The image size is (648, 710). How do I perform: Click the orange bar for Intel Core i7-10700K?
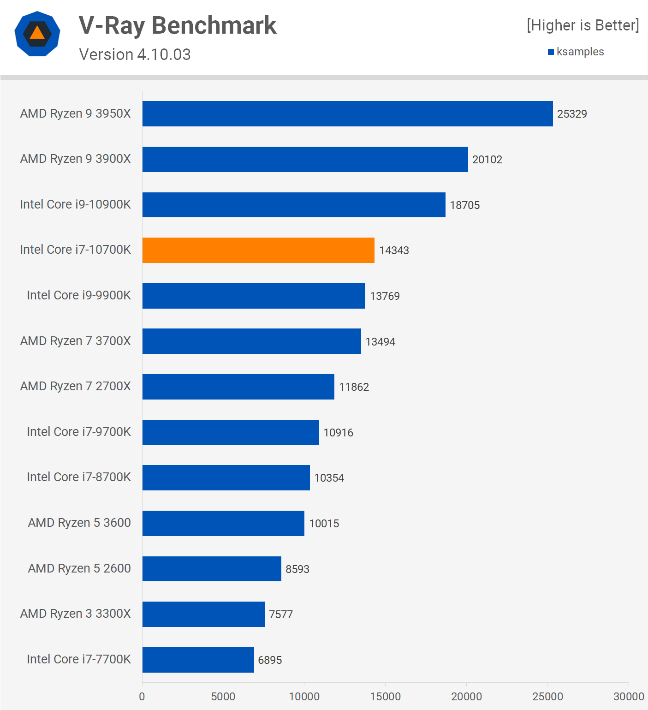pyautogui.click(x=258, y=251)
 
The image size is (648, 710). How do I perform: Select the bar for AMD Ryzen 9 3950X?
pyautogui.click(x=347, y=114)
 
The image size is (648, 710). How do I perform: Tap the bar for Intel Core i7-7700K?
pyautogui.click(x=198, y=660)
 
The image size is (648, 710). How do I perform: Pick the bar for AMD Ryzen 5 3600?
pyautogui.click(x=223, y=523)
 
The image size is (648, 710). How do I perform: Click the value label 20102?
pyautogui.click(x=487, y=160)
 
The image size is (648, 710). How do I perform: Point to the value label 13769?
pyautogui.click(x=385, y=296)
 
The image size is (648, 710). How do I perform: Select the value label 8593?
pyautogui.click(x=297, y=569)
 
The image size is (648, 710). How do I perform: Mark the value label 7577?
pyautogui.click(x=280, y=615)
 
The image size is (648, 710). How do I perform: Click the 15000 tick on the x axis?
pyautogui.click(x=385, y=696)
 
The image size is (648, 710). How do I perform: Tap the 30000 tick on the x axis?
pyautogui.click(x=628, y=696)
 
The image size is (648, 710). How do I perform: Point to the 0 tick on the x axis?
pyautogui.click(x=142, y=696)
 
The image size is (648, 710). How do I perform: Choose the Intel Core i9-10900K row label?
pyautogui.click(x=75, y=204)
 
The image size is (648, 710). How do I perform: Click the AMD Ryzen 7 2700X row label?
pyautogui.click(x=75, y=386)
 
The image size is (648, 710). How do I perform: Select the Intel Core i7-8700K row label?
pyautogui.click(x=78, y=477)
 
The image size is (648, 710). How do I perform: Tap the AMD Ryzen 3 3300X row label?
pyautogui.click(x=75, y=614)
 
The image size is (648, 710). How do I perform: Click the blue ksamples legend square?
pyautogui.click(x=551, y=52)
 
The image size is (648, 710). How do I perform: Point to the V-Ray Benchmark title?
pyautogui.click(x=178, y=25)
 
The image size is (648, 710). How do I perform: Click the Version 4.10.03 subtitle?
pyautogui.click(x=135, y=54)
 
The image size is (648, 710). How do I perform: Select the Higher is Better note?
pyautogui.click(x=583, y=25)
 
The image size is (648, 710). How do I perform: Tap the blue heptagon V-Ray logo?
pyautogui.click(x=37, y=34)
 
